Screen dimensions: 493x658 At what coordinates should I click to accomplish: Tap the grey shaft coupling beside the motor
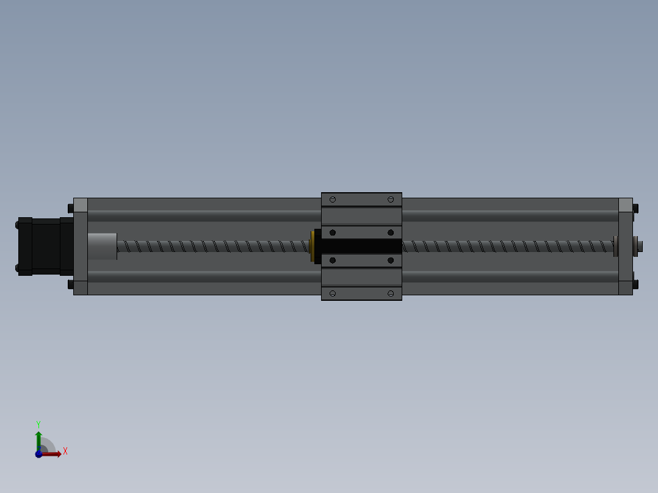pos(102,246)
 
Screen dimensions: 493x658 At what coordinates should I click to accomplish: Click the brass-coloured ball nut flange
pos(312,246)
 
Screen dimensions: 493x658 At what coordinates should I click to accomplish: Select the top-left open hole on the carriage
pos(333,200)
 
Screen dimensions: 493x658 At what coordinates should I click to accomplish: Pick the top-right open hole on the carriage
pos(391,200)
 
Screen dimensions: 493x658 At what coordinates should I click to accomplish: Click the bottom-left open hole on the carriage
pos(333,293)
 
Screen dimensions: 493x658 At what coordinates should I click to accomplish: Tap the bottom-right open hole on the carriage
pos(391,293)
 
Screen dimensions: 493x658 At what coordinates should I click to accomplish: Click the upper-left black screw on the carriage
pos(333,232)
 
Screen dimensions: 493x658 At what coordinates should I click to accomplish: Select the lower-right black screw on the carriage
pos(391,261)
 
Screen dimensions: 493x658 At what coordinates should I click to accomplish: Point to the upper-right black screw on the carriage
pos(391,232)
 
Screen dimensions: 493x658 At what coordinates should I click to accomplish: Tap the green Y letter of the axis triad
pos(38,423)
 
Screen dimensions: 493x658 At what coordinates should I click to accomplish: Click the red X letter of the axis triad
pos(65,452)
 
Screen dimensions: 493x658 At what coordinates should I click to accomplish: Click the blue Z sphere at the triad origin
pos(38,454)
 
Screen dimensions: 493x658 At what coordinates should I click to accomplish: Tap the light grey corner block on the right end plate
pos(625,204)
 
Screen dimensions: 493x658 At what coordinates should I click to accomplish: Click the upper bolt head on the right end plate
pos(635,209)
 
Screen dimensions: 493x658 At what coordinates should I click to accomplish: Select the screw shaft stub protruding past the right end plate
pos(640,246)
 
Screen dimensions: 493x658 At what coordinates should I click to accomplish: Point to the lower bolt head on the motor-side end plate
pos(71,284)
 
